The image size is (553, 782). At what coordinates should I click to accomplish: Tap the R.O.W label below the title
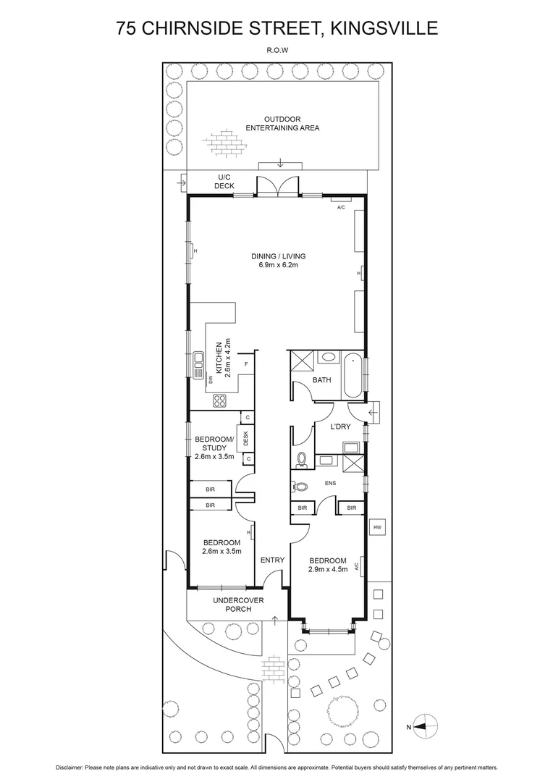pos(277,51)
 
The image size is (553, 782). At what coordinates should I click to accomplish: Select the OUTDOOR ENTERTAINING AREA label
pos(282,123)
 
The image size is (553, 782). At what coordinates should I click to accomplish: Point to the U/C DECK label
pos(224,181)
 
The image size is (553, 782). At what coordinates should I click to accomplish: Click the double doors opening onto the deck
pos(279,185)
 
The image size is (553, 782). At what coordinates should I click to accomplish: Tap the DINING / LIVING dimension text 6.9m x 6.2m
pos(279,265)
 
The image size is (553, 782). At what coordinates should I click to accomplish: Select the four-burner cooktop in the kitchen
pos(220,400)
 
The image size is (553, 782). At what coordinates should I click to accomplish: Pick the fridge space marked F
pos(246,364)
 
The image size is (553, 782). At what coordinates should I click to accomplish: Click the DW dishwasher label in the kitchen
pos(211,379)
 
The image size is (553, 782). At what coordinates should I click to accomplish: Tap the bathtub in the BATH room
pos(354,374)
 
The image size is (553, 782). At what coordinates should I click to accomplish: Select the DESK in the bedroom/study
pos(246,438)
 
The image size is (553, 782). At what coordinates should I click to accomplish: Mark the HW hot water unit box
pos(377,528)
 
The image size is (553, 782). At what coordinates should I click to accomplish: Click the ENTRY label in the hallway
pos(272,560)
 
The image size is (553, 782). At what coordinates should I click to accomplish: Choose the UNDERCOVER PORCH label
pos(232,605)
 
